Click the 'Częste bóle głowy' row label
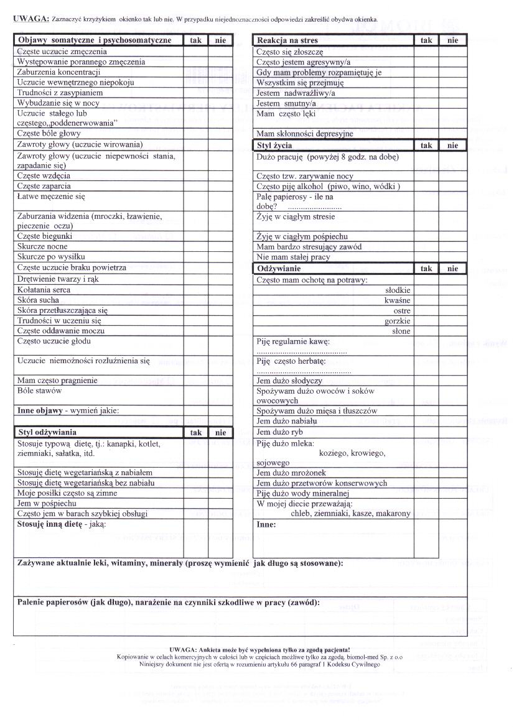[x=49, y=134]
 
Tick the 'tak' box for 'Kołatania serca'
[x=195, y=290]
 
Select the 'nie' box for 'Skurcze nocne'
[x=220, y=247]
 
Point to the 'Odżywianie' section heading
[x=279, y=269]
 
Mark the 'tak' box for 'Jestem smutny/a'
[x=426, y=103]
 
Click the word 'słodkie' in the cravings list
[x=398, y=290]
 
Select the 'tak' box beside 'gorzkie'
[x=426, y=321]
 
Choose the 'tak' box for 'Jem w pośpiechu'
[x=195, y=503]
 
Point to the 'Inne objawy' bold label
[x=39, y=410]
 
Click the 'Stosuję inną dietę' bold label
[x=50, y=524]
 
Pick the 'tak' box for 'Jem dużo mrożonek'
[x=426, y=473]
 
